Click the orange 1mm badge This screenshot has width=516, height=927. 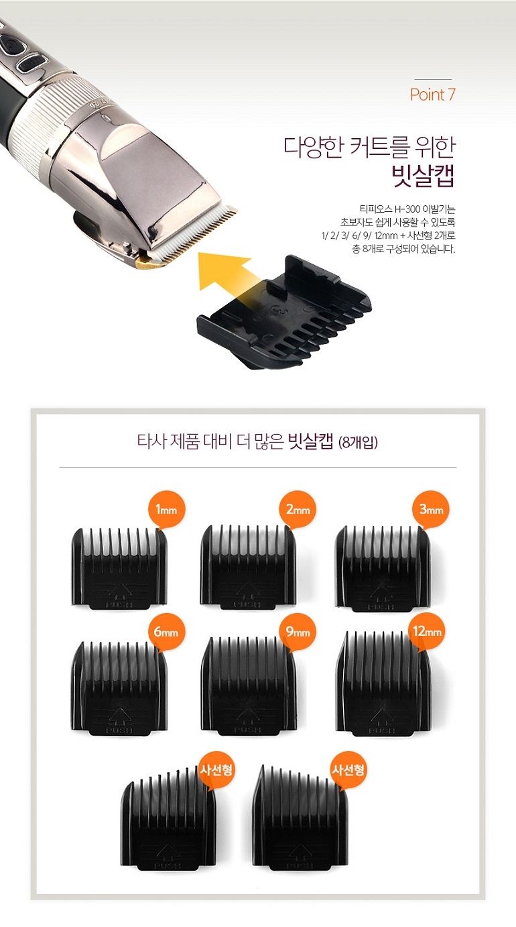166,510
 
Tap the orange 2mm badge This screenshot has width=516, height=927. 298,510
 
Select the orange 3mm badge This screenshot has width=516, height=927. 431,510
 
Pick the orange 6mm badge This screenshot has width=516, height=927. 166,633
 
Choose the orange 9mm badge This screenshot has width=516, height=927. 298,633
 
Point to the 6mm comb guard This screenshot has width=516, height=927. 118,690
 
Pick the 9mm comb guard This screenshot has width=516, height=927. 249,690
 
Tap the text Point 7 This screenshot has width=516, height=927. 433,95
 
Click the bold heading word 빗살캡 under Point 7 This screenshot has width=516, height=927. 424,176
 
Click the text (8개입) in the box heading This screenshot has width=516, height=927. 359,443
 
